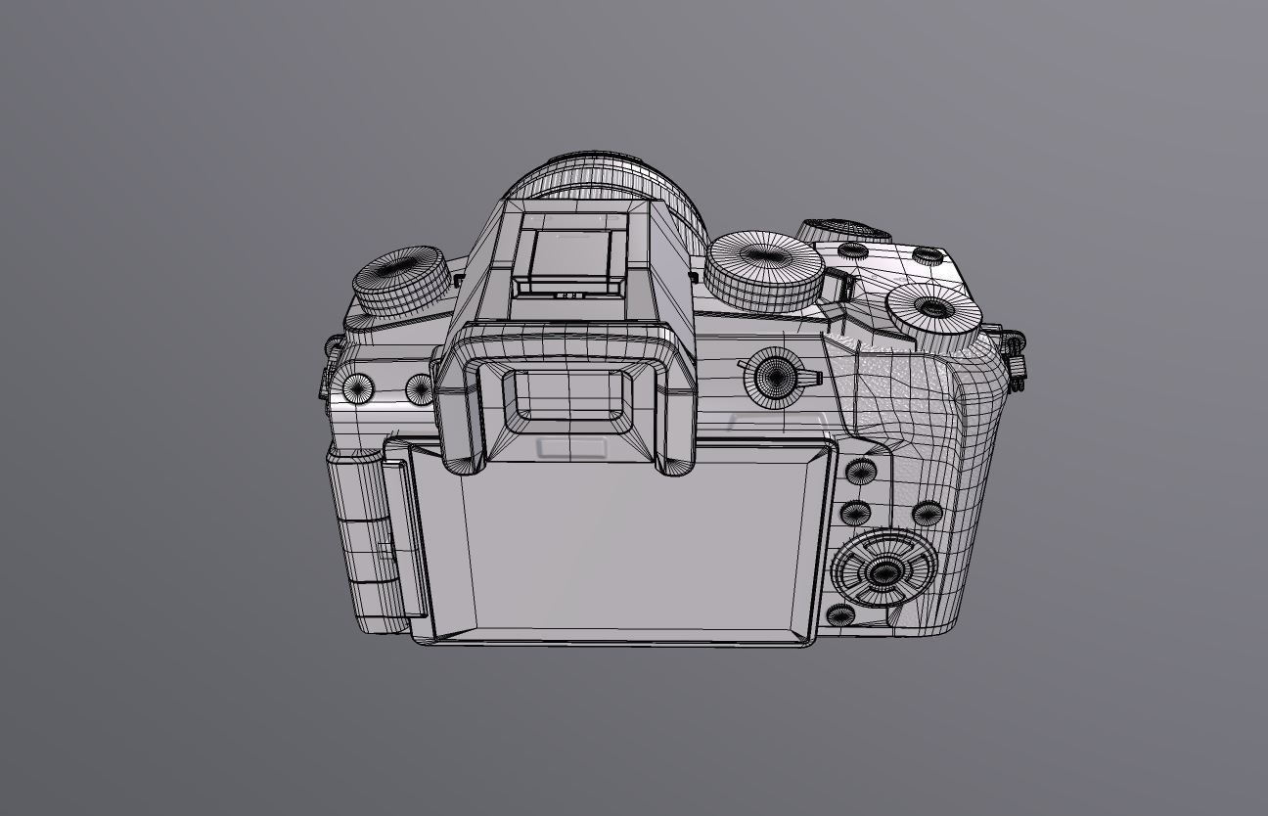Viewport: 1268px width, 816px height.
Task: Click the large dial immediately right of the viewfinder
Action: pos(764,267)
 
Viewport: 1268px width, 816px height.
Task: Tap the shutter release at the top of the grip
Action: pos(843,230)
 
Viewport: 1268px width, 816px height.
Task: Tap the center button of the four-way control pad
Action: pos(884,572)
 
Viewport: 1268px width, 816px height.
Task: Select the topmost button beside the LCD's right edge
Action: pos(861,473)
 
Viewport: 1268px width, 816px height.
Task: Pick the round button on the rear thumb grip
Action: pos(927,513)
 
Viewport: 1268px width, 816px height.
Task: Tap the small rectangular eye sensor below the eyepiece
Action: pos(572,448)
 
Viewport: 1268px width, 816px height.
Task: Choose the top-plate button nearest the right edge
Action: pos(928,256)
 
